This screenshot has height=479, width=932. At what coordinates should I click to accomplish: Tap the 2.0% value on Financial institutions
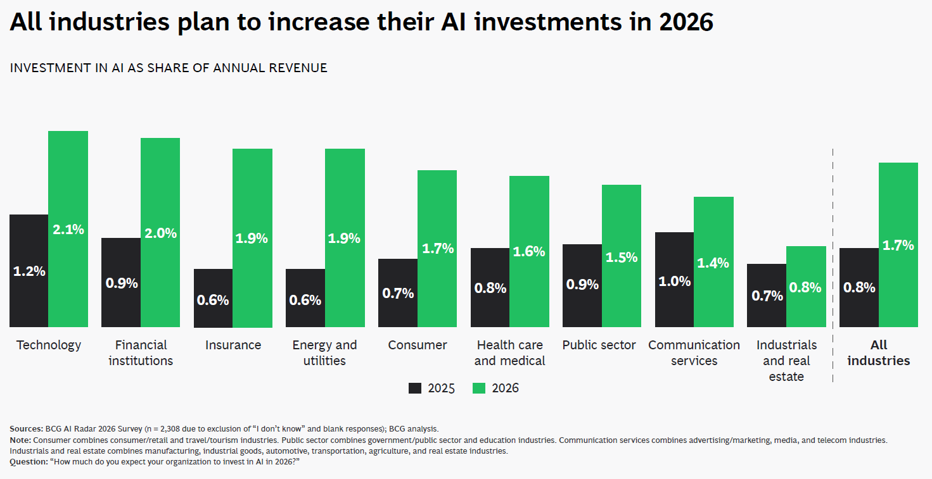160,233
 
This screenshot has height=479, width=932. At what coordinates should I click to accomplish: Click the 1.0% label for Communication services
674,282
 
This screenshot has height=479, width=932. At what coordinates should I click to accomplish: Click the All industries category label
878,353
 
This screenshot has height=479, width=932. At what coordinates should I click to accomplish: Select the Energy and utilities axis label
324,353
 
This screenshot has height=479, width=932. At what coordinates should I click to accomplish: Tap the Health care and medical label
509,353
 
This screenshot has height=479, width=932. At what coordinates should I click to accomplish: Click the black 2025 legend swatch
415,389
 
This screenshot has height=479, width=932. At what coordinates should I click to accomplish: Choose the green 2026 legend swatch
479,389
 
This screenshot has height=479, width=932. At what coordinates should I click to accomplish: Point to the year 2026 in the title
686,23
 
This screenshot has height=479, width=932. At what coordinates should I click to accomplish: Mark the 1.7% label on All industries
898,245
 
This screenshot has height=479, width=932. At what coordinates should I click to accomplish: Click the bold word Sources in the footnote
26,428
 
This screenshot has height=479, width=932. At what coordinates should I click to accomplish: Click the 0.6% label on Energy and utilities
305,300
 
